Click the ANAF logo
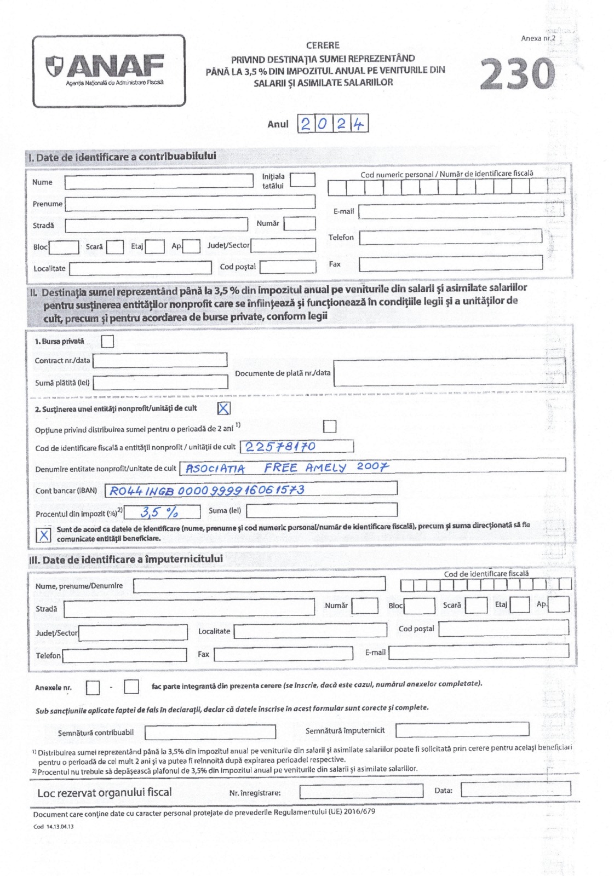point(108,70)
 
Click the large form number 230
point(517,74)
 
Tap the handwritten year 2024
point(332,124)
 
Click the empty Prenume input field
point(190,203)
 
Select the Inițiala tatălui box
point(302,180)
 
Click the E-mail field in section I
point(460,211)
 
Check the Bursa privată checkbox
point(108,341)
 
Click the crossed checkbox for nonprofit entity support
point(223,408)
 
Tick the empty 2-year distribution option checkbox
point(330,426)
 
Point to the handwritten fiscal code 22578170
point(280,447)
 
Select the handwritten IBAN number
point(207,490)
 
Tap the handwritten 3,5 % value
point(159,512)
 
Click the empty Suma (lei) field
point(322,510)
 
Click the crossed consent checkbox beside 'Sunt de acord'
point(43,535)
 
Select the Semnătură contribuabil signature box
point(210,732)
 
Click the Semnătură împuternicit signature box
point(462,730)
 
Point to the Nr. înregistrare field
point(361,791)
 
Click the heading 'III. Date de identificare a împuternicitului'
point(125,559)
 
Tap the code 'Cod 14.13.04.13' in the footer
point(53,826)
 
